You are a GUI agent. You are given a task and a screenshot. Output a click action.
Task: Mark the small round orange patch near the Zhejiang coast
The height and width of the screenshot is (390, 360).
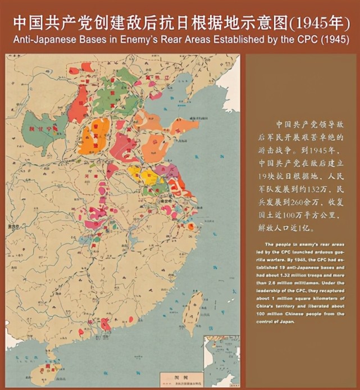pos(191,226)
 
